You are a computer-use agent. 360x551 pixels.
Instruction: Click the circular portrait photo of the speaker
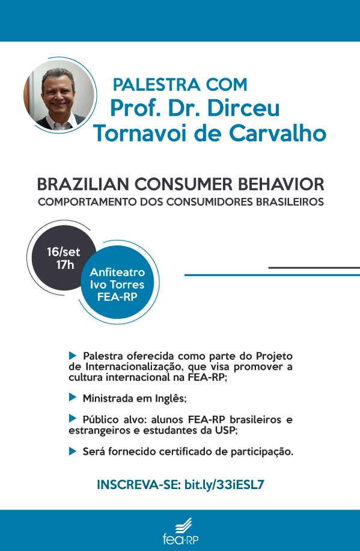click(59, 94)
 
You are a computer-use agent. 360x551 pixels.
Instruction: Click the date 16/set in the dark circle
click(64, 252)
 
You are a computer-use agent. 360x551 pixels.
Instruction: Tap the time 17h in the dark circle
click(65, 265)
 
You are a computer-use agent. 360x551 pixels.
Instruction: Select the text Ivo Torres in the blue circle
click(117, 285)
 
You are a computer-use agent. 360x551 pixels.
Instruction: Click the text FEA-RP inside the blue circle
click(117, 297)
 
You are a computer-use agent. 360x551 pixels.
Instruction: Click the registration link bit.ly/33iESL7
click(224, 485)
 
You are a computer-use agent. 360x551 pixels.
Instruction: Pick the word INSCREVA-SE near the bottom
click(139, 485)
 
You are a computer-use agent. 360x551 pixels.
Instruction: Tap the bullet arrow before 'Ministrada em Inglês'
click(73, 398)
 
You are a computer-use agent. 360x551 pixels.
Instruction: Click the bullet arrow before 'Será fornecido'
click(73, 451)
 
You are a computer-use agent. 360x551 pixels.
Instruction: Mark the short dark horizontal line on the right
click(314, 268)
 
